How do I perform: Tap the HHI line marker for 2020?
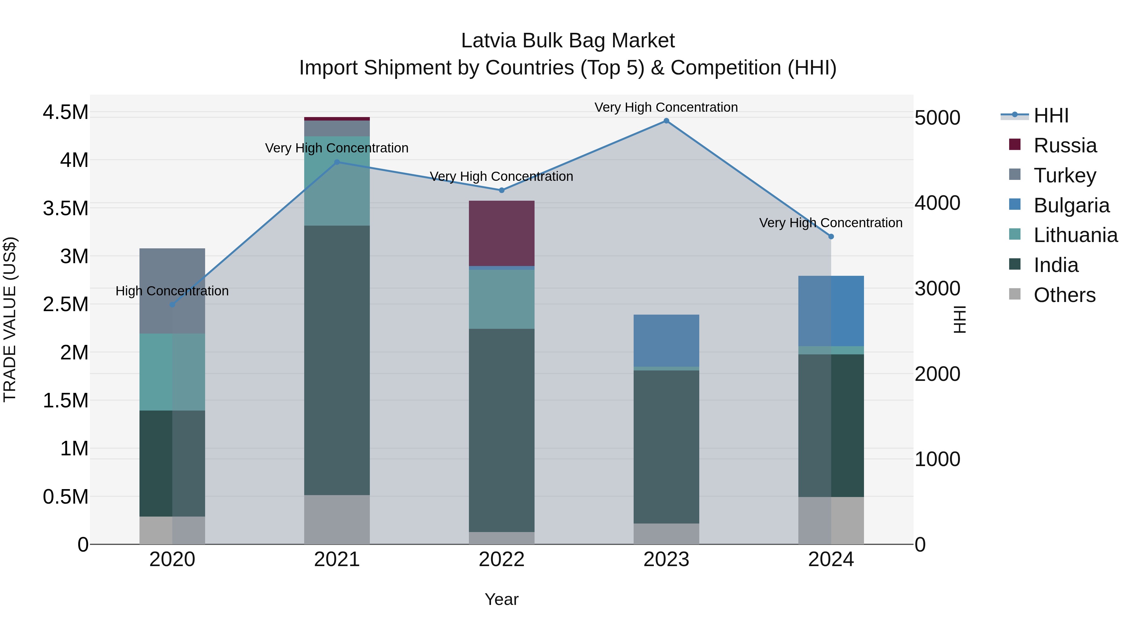pos(172,305)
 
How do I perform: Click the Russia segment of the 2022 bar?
pos(501,233)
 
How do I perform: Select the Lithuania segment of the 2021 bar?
pos(337,181)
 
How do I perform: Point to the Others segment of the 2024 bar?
pos(831,520)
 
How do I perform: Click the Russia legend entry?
pos(1065,145)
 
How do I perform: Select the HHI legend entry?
pos(1050,115)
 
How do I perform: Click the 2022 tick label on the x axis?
pos(501,559)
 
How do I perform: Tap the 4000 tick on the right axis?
pos(937,203)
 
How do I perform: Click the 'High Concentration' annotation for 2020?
pos(172,291)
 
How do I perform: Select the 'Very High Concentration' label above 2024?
pos(831,223)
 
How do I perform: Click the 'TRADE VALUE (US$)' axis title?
pos(10,319)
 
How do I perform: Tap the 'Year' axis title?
pos(501,599)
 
